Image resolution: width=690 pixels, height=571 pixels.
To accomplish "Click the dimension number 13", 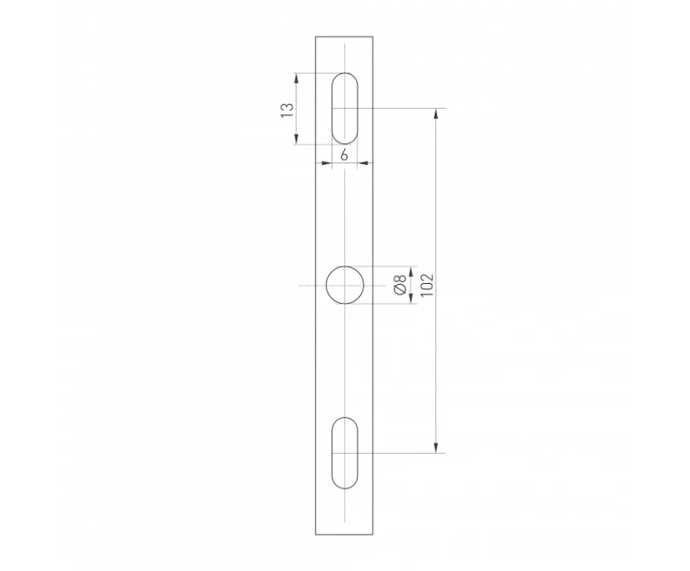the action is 287,110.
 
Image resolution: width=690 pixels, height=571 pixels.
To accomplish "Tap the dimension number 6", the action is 344,155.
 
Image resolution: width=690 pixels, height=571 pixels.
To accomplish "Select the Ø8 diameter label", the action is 400,285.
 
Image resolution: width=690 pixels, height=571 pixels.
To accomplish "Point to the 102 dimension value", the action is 427,285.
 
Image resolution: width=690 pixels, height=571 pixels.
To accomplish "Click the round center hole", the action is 345,285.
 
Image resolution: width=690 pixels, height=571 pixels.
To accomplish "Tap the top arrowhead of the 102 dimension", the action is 435,114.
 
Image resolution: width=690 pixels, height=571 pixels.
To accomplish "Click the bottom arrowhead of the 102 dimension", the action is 435,447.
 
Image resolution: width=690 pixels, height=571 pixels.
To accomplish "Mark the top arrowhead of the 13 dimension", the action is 296,79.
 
